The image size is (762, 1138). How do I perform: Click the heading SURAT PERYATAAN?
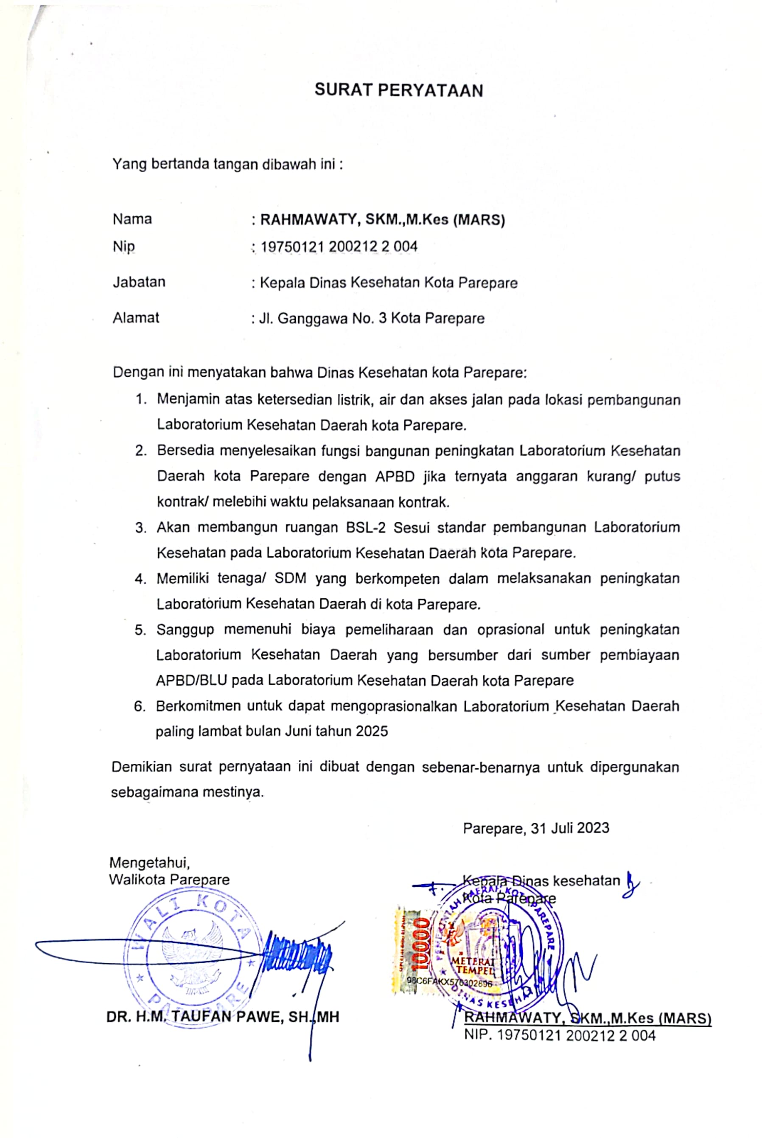(x=398, y=90)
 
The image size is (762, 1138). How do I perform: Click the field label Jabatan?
(x=139, y=282)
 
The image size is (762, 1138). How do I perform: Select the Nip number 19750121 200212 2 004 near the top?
(x=339, y=247)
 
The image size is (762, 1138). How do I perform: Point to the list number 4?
(x=140, y=579)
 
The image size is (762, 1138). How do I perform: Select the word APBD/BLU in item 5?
(x=191, y=680)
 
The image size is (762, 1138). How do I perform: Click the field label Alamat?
(x=136, y=318)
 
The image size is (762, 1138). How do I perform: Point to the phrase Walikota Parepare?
(x=169, y=880)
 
